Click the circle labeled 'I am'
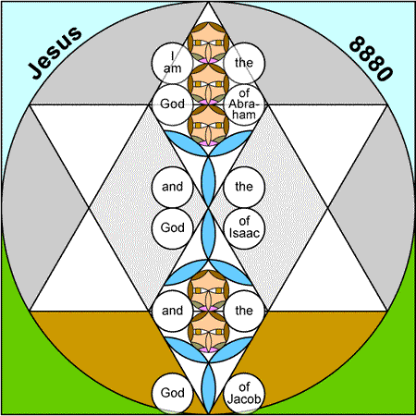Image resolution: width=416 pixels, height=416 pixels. pos(172,63)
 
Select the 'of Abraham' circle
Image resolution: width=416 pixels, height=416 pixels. pos(244,104)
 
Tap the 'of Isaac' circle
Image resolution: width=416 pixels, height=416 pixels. pos(244,228)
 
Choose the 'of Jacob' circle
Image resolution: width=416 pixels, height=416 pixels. pos(244,393)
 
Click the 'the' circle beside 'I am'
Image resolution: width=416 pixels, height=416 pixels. pos(244,63)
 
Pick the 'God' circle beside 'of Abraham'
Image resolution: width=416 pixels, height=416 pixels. pos(172,104)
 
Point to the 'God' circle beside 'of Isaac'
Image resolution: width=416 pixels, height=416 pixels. pos(172,228)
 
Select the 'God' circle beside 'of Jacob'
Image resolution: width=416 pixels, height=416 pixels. pos(172,393)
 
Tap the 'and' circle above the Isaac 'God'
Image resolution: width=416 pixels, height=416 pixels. pos(172,187)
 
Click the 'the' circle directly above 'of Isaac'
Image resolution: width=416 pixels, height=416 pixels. pos(244,187)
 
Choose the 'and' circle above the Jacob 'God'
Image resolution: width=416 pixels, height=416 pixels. pos(172,311)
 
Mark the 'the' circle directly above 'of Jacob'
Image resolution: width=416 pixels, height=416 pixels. pos(244,311)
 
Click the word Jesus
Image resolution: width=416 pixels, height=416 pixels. pos(55,53)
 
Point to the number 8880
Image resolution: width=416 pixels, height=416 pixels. pos(372,58)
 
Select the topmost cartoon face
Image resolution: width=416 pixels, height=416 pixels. pos(208,43)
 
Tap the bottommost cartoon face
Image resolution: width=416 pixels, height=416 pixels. pos(208,332)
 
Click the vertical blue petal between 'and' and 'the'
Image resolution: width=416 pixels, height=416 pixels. pos(208,182)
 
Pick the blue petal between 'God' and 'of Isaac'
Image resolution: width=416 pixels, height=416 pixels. pos(208,234)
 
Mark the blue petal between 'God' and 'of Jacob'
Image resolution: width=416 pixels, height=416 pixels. pos(208,388)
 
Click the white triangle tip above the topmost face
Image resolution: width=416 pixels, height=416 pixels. pos(208,12)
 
